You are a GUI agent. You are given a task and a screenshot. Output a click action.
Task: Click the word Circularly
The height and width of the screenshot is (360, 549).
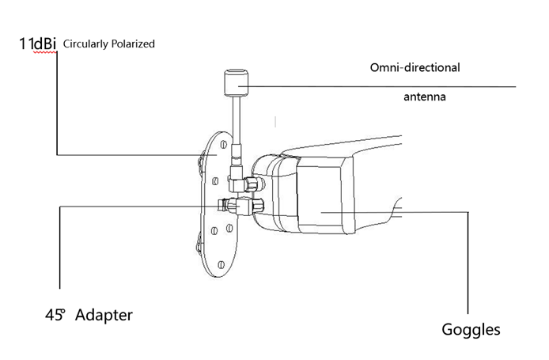tap(87, 44)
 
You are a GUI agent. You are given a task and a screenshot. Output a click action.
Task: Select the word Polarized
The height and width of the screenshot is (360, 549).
tap(134, 44)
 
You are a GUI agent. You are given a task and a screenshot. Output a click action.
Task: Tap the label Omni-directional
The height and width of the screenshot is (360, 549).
tap(415, 67)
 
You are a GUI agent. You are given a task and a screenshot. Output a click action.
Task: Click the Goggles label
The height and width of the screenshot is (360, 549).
tap(470, 330)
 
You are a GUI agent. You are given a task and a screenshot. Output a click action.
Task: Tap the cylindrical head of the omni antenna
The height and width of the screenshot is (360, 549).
tap(236, 80)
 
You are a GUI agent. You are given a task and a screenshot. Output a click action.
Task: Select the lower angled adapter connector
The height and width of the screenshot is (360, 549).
tap(240, 207)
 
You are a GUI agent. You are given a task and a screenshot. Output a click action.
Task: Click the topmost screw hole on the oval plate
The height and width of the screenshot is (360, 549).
tap(224, 146)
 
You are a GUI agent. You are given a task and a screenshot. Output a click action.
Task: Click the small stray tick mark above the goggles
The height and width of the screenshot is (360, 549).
tap(274, 122)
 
